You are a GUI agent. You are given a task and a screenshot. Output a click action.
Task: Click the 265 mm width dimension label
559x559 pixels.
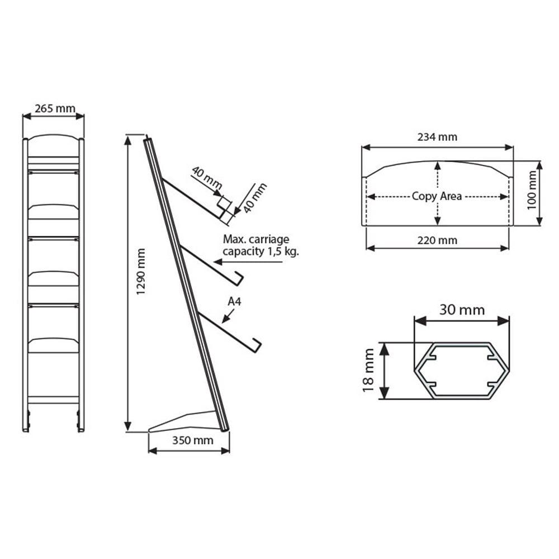[x=55, y=108]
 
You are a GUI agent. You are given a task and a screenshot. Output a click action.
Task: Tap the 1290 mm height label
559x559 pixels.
[x=141, y=272]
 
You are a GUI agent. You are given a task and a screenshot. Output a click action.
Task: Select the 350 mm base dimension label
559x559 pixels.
[x=193, y=440]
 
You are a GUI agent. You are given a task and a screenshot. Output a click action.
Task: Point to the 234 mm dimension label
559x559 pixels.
[x=437, y=137]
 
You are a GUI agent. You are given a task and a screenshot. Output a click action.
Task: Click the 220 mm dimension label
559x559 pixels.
[x=437, y=240]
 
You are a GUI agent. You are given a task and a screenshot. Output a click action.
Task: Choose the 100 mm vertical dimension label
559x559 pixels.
[x=532, y=190]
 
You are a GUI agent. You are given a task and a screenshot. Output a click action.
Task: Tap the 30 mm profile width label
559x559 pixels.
[x=462, y=310]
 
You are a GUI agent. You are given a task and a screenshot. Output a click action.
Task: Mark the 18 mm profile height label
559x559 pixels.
[x=368, y=370]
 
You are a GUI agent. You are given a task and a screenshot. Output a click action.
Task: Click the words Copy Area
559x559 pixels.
[x=437, y=196]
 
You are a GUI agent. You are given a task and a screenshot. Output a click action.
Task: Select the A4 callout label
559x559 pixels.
[x=235, y=302]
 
